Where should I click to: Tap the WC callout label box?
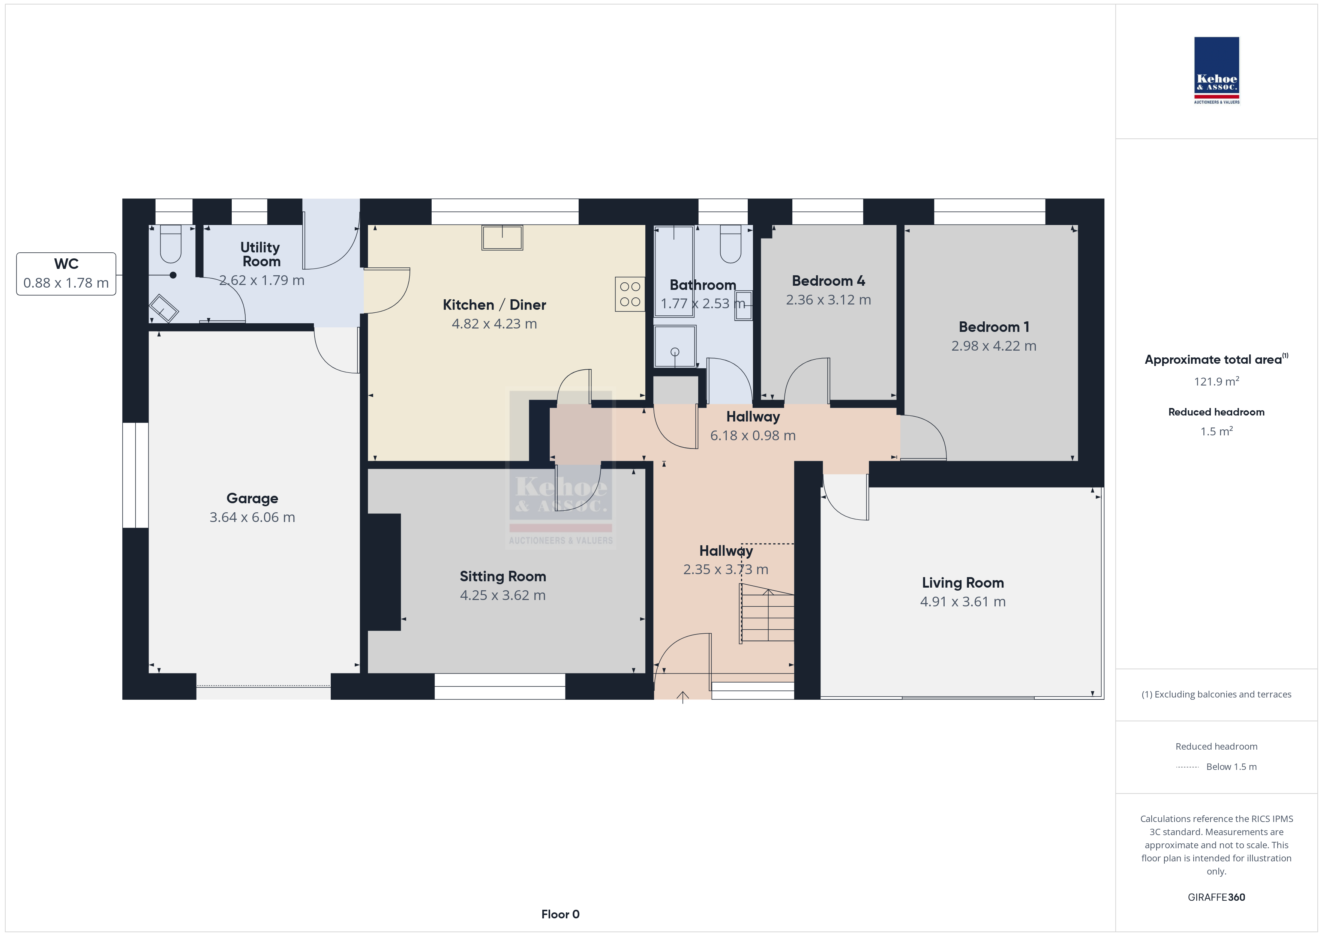point(66,274)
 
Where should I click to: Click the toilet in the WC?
point(171,244)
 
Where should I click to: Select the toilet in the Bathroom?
point(730,244)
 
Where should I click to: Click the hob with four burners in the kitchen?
point(630,294)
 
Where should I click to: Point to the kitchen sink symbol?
point(502,237)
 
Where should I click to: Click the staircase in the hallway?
point(767,613)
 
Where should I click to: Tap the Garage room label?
point(252,498)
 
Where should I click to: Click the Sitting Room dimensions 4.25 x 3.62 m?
point(502,595)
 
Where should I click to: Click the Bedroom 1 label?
point(994,327)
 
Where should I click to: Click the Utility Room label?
point(261,254)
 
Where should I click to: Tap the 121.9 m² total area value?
point(1216,381)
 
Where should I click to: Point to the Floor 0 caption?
point(560,914)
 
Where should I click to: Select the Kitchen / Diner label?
point(494,304)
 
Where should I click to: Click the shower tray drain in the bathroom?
point(675,352)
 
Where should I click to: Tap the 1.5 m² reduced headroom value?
point(1216,431)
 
